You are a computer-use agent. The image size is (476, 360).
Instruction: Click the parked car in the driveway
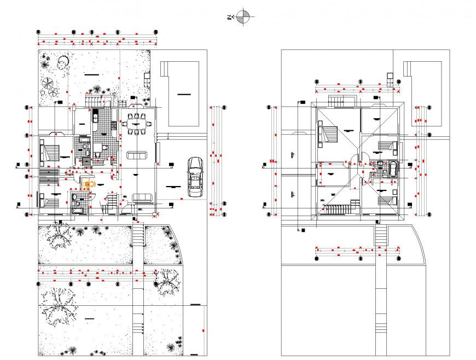195,176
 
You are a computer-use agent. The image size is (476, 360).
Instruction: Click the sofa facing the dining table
137,155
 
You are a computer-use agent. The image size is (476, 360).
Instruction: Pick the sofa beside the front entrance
142,198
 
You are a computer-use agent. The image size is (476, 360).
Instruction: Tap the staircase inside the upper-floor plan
338,210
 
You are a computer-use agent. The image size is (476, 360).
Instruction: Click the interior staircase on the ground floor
111,202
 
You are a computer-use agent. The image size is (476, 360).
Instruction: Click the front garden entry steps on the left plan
138,236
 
